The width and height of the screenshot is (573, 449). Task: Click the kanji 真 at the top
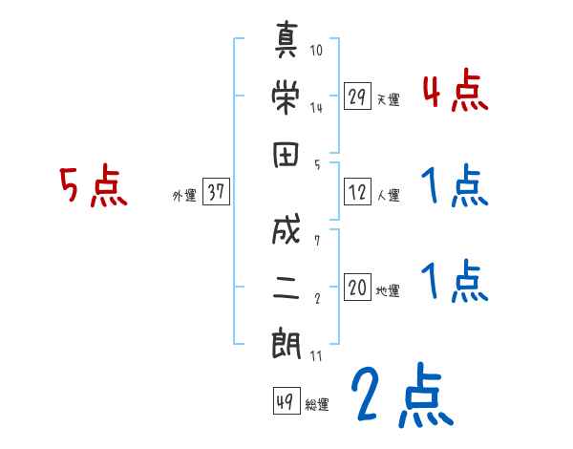click(286, 44)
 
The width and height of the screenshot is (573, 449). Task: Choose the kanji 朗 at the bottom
click(286, 342)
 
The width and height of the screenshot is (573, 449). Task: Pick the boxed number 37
click(215, 192)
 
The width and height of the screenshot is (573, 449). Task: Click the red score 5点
click(94, 187)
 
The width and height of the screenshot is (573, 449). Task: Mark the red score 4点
click(455, 92)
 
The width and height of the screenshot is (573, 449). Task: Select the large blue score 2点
click(401, 395)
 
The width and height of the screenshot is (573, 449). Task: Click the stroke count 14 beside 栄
click(316, 108)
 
